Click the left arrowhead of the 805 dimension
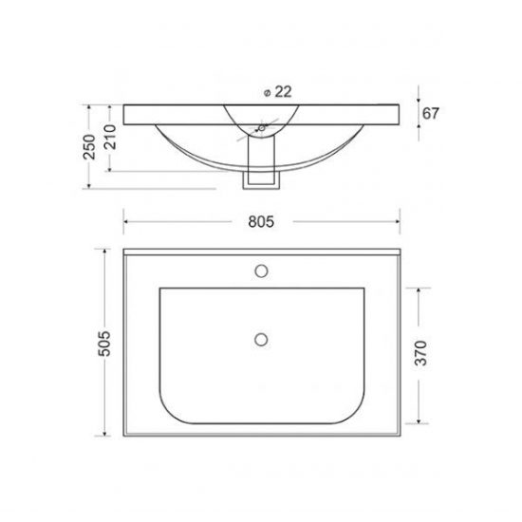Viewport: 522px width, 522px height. pos(128,222)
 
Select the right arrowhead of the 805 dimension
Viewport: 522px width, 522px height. pos(394,222)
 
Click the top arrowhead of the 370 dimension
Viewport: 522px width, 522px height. pos(417,288)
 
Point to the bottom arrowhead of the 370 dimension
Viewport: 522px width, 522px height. pos(417,419)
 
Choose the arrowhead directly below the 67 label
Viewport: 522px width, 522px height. pos(418,129)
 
